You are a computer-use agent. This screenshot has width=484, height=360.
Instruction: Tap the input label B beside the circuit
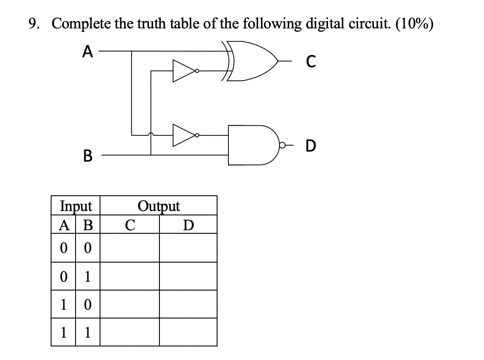(x=87, y=155)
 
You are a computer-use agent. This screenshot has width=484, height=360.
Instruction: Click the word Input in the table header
(x=76, y=206)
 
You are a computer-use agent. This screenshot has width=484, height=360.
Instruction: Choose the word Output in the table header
(x=159, y=206)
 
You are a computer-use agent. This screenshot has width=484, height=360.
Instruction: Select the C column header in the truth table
(x=129, y=225)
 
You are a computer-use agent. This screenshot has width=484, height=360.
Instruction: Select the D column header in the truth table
(x=188, y=225)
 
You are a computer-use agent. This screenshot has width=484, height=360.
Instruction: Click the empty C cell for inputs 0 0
(x=129, y=248)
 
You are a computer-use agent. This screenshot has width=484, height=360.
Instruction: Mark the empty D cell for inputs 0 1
(x=188, y=276)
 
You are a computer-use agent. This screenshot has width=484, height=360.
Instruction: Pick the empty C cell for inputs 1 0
(x=129, y=304)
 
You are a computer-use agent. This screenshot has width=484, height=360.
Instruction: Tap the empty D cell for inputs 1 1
(x=188, y=332)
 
